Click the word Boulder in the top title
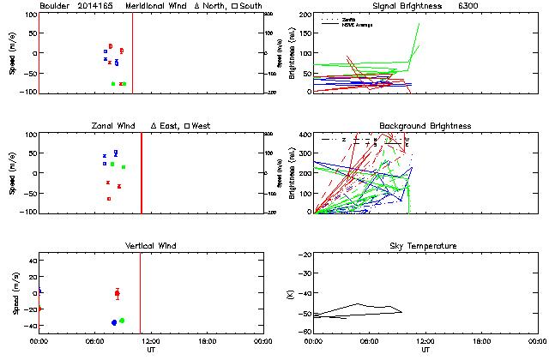56,6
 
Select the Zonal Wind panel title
118,126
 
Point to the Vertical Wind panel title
150,246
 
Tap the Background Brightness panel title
425,126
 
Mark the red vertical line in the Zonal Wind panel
141,171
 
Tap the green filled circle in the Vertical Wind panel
122,321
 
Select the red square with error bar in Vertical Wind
118,293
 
